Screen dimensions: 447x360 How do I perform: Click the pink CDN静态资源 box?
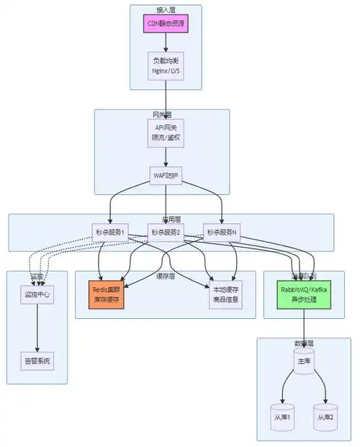pyautogui.click(x=166, y=24)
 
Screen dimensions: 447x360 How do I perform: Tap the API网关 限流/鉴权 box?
pyautogui.click(x=166, y=134)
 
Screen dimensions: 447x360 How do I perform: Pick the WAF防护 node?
pyautogui.click(x=166, y=176)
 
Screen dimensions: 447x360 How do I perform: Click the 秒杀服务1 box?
pyautogui.click(x=109, y=232)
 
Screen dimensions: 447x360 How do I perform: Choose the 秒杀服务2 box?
pyautogui.click(x=166, y=232)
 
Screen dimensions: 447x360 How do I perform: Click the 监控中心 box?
pyautogui.click(x=37, y=294)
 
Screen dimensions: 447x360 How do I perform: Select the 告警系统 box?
pyautogui.click(x=37, y=361)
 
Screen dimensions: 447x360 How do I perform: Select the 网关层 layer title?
pyautogui.click(x=161, y=114)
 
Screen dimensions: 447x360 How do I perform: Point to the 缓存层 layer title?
pyautogui.click(x=166, y=276)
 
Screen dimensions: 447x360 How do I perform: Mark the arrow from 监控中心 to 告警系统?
pyautogui.click(x=37, y=328)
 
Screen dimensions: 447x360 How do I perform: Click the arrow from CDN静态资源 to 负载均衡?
pyautogui.click(x=166, y=42)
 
